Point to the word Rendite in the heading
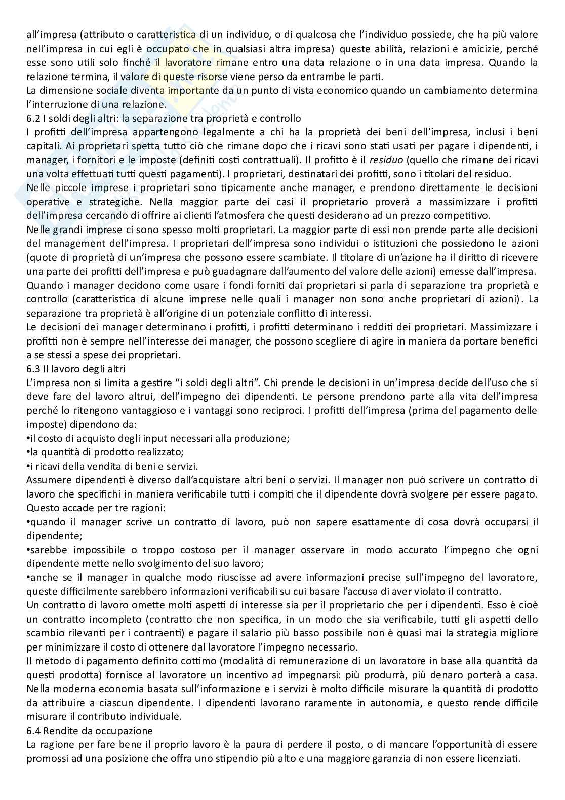(x=65, y=731)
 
